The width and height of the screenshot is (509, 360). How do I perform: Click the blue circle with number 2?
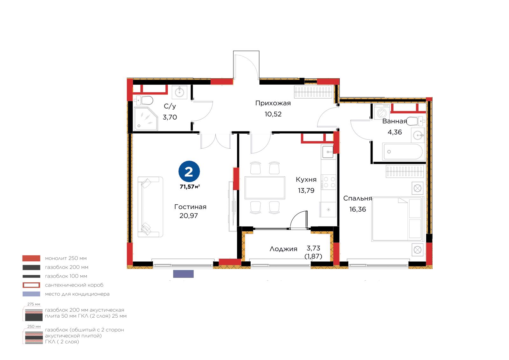click(x=189, y=172)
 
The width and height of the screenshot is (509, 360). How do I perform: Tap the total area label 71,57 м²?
click(x=190, y=187)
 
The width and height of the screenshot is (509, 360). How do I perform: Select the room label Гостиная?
click(x=190, y=207)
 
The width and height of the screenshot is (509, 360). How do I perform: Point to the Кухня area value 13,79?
click(x=306, y=190)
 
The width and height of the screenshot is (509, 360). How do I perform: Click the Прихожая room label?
click(x=273, y=103)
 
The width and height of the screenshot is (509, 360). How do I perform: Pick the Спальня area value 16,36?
click(x=358, y=209)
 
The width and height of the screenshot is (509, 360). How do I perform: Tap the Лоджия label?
click(x=283, y=249)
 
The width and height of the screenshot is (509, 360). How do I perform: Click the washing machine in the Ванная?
click(x=382, y=112)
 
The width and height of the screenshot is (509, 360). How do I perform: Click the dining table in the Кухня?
click(x=265, y=188)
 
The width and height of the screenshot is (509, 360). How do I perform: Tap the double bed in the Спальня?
click(x=397, y=219)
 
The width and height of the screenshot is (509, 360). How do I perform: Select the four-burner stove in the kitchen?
click(x=328, y=182)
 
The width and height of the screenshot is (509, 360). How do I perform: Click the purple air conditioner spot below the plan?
click(x=183, y=274)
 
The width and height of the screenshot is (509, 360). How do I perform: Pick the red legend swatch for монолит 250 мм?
click(x=31, y=258)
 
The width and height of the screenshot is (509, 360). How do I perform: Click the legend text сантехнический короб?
click(x=74, y=285)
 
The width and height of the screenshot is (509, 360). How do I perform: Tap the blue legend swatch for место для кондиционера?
click(x=31, y=294)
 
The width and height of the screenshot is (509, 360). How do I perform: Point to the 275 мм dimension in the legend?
click(x=34, y=304)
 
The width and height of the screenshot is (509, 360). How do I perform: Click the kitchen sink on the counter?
click(x=328, y=152)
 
